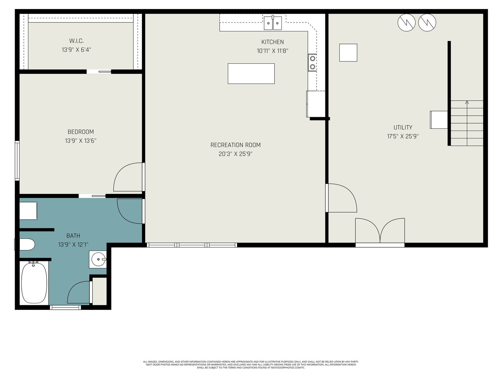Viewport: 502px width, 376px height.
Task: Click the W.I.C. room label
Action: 76,41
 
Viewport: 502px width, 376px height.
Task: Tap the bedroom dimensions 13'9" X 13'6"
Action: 81,141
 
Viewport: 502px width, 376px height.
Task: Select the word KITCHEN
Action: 272,42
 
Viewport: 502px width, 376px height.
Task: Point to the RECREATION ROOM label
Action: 235,145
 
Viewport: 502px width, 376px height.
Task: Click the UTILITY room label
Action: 403,128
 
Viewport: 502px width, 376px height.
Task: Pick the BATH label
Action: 73,236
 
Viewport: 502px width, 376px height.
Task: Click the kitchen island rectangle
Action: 251,74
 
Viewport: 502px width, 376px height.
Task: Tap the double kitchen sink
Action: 273,23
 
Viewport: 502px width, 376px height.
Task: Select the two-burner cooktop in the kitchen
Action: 312,63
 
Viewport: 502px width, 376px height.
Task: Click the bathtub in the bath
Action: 34,283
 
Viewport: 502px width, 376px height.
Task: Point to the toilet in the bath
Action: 27,244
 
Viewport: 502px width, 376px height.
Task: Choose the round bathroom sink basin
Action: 98,259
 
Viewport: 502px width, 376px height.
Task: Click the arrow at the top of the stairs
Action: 467,102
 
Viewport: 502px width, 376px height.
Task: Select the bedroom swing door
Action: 128,177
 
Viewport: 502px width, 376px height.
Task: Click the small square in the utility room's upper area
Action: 348,53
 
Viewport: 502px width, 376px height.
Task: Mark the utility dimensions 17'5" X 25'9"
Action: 403,136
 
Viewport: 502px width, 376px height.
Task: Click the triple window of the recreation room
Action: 192,245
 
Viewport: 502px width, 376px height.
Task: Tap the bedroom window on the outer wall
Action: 17,161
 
